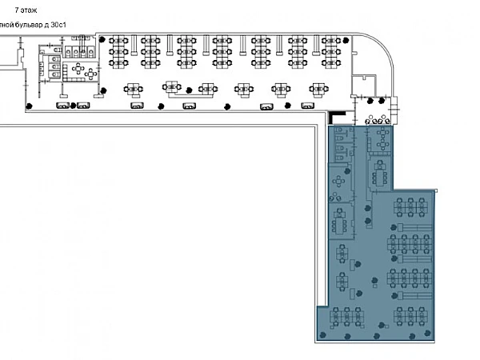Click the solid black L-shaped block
[x=340, y=117]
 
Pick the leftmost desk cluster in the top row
[x=120, y=50]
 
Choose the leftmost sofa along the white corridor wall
[x=62, y=105]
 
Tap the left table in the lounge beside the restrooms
[x=79, y=71]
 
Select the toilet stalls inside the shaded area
[x=340, y=143]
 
